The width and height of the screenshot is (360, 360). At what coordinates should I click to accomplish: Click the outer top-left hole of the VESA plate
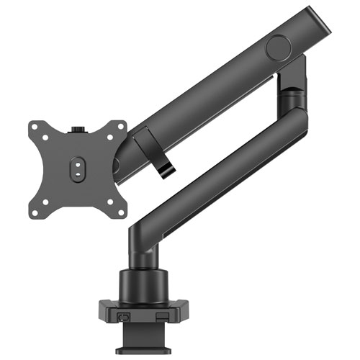36,127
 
